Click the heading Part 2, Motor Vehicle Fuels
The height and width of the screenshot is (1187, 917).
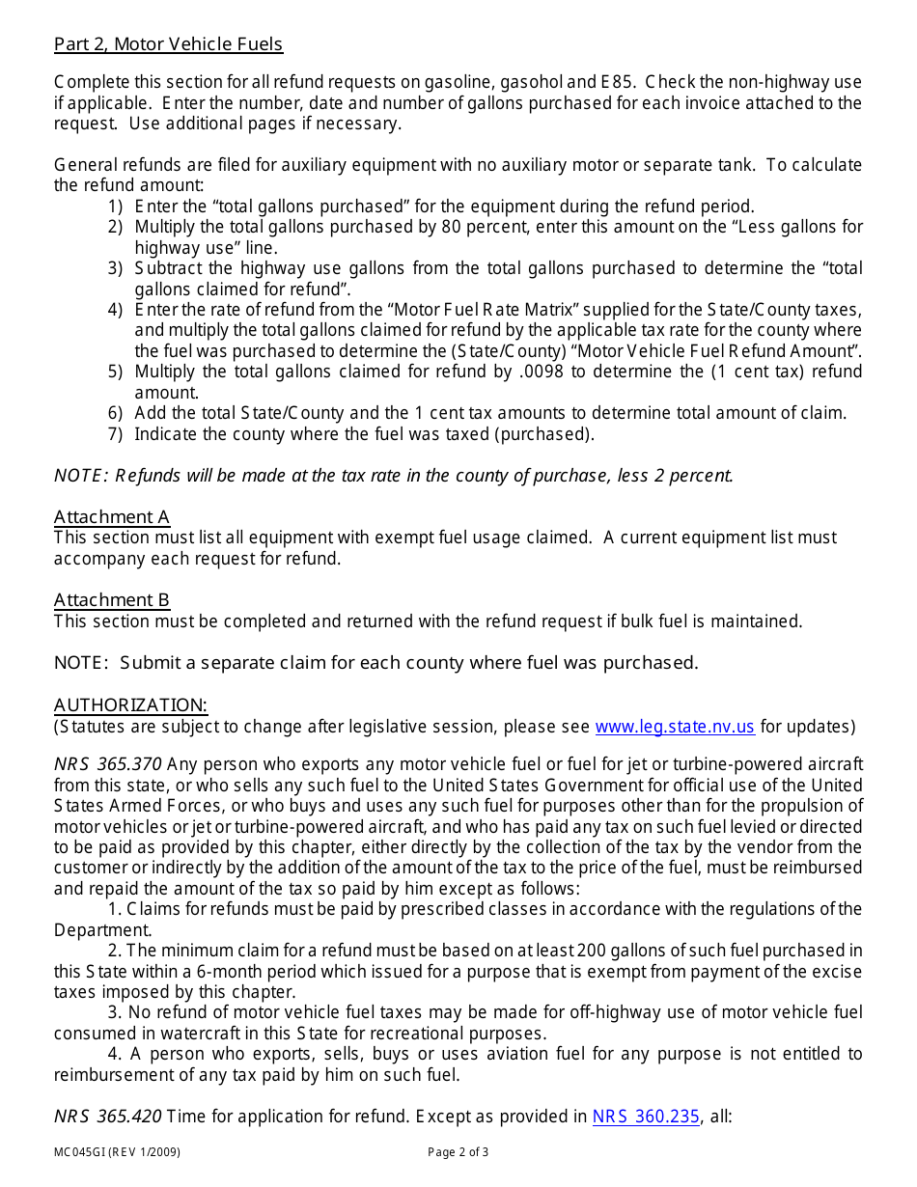click(x=168, y=43)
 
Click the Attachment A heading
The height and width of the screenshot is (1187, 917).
click(x=111, y=516)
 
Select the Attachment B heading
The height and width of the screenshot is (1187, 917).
click(x=111, y=600)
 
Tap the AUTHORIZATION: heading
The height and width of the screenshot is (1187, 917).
click(x=130, y=704)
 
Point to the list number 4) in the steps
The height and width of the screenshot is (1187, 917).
click(x=115, y=310)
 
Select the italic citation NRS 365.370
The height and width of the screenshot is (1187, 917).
click(x=107, y=763)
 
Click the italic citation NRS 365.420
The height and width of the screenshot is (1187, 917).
click(x=107, y=1117)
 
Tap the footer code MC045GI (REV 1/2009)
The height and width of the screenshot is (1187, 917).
click(x=117, y=1152)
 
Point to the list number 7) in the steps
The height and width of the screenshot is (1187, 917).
click(x=115, y=434)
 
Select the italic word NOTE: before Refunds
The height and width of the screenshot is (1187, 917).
click(x=80, y=476)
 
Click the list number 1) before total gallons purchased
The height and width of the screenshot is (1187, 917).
click(x=115, y=207)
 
